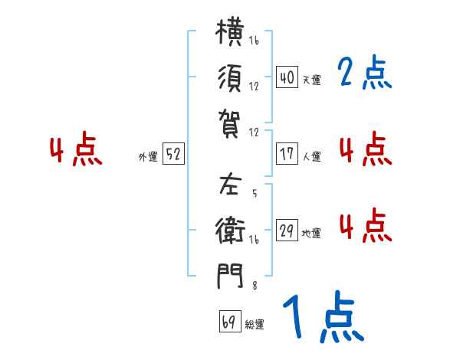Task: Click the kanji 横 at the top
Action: [x=230, y=31]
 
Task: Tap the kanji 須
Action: [x=230, y=78]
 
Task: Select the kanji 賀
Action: [x=229, y=124]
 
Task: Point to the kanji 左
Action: [x=230, y=185]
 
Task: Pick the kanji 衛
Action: [x=230, y=230]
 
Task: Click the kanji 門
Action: [x=230, y=276]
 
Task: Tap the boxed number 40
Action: [x=287, y=77]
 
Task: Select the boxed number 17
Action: [x=287, y=154]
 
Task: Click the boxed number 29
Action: [x=287, y=230]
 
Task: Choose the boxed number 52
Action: [x=173, y=153]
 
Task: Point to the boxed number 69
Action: [x=230, y=321]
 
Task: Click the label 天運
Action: [x=312, y=80]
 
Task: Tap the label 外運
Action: [x=148, y=156]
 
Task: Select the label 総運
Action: [x=255, y=324]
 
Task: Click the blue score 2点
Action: [x=365, y=72]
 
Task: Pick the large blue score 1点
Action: [x=324, y=316]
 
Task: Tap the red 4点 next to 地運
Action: [x=366, y=225]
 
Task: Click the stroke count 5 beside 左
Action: [x=255, y=193]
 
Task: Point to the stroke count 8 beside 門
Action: [x=255, y=285]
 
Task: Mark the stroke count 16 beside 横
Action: [x=254, y=41]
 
